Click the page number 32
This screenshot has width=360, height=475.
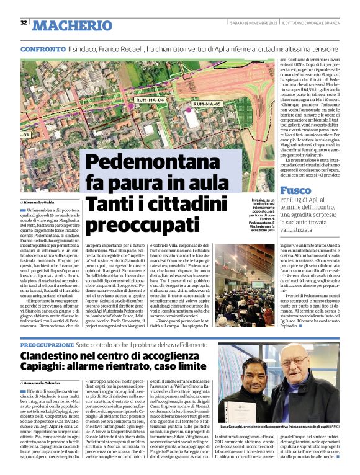pos(24,23)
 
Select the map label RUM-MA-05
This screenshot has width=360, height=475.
pos(207,104)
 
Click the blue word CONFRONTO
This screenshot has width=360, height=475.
pos(42,48)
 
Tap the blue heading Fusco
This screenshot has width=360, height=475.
pos(295,190)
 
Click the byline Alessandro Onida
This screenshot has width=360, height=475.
pos(42,203)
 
